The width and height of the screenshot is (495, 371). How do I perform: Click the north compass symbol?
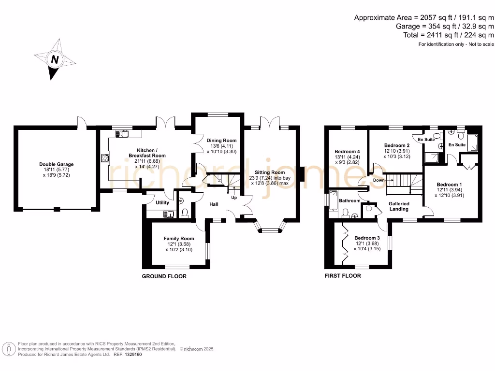[x=55, y=59]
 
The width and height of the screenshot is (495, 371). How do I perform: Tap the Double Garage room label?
[x=57, y=164]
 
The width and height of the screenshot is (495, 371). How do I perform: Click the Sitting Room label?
[x=270, y=172]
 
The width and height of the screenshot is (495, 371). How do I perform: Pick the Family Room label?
[x=179, y=239]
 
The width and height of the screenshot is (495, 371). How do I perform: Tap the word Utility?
[x=162, y=203]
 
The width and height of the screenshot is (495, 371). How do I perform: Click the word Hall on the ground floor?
[x=214, y=204]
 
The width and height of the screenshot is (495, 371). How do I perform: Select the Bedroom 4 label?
[x=347, y=152]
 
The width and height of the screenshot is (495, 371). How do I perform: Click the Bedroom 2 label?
[x=397, y=145]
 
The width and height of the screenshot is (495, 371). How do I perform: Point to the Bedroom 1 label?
[x=449, y=185]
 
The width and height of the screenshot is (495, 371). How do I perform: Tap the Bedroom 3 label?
[x=367, y=238]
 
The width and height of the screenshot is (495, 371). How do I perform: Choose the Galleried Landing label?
[x=399, y=206]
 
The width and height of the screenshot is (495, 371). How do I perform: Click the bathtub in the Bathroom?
[x=333, y=200]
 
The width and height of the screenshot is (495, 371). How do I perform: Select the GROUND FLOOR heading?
[x=164, y=276]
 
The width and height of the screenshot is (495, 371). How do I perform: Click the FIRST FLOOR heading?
[x=343, y=276]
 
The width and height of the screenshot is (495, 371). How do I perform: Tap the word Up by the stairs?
[x=234, y=198]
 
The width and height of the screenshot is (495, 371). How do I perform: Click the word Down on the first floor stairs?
[x=379, y=180]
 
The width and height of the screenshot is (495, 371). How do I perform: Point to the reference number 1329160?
[x=131, y=355]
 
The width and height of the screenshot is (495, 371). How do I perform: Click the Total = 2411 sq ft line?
[x=448, y=35]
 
